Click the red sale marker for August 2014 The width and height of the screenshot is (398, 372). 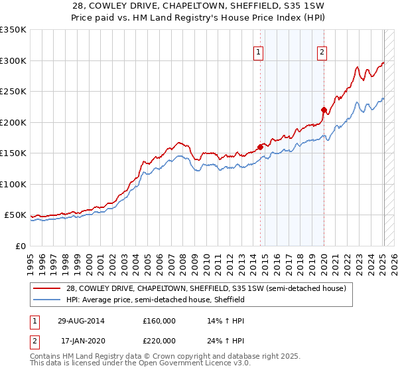[x=260, y=147]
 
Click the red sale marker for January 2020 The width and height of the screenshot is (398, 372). [x=324, y=110]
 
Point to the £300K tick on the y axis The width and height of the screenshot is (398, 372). [x=13, y=60]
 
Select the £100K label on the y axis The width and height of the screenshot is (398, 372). [x=13, y=184]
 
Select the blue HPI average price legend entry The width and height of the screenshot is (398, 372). [x=155, y=300]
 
